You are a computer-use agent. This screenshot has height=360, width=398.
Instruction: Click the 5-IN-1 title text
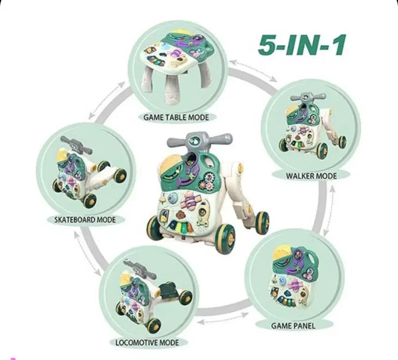[x=302, y=46]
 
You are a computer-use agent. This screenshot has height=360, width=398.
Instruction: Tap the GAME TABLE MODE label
[x=176, y=118]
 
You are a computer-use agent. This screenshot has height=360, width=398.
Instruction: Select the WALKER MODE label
[x=311, y=176]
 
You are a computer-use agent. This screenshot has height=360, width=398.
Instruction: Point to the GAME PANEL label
[x=293, y=326]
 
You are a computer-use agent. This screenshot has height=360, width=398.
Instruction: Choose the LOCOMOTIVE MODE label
[x=147, y=343]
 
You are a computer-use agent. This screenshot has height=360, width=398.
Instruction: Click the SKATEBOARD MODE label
[x=85, y=219]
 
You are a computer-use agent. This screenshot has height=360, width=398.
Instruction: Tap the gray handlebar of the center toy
[x=200, y=140]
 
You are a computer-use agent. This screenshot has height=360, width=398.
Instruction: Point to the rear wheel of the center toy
[x=262, y=222]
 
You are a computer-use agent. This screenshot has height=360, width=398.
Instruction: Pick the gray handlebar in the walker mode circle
[x=308, y=97]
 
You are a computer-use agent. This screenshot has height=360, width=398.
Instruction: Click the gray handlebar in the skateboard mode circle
[x=75, y=145]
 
